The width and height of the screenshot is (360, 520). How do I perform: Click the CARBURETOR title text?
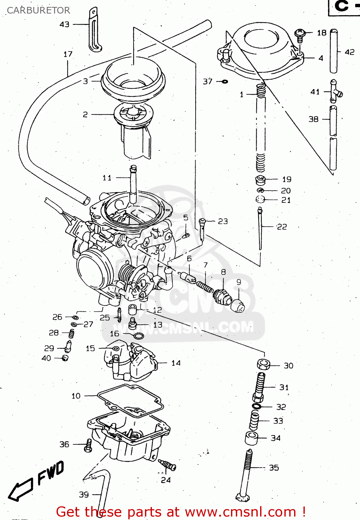(x=38, y=10)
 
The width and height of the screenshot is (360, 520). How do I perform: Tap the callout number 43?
(x=65, y=24)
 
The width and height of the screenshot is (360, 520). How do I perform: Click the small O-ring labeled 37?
(x=224, y=81)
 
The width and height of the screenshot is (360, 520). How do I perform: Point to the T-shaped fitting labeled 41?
(x=335, y=92)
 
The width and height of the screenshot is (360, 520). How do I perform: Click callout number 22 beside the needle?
(x=282, y=227)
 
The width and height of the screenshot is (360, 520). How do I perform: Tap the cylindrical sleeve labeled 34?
(x=252, y=439)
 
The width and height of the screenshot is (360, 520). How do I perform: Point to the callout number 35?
(x=274, y=468)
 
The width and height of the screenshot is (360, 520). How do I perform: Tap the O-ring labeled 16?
(x=138, y=336)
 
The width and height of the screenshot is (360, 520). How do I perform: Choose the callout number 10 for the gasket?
(x=76, y=396)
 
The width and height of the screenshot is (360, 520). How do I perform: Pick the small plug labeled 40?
(x=65, y=358)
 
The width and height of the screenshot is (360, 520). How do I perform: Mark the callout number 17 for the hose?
(x=68, y=54)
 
